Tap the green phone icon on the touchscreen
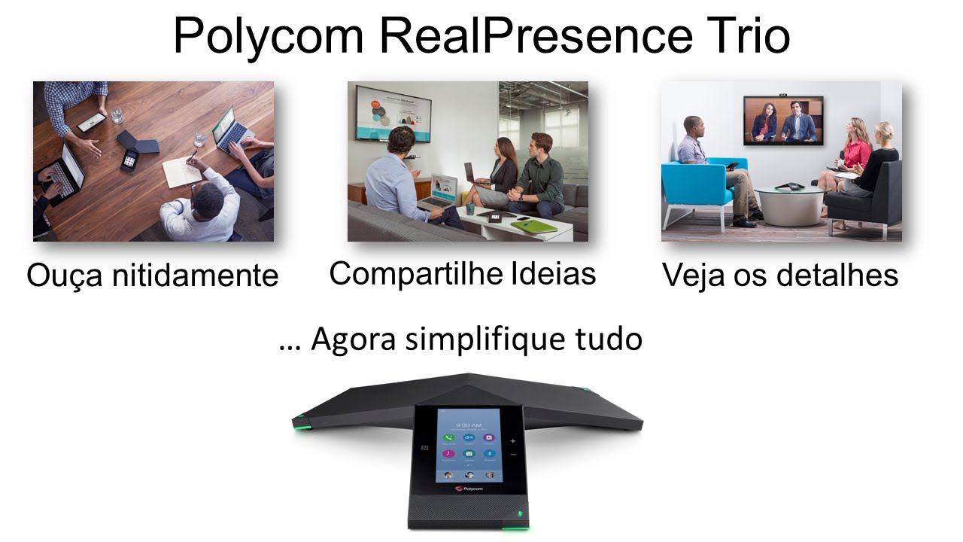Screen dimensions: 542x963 pos(449,437)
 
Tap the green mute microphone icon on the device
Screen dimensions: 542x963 pos(518,516)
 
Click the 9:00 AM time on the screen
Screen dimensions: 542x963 pos(468,425)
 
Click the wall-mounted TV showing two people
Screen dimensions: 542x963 pos(783,120)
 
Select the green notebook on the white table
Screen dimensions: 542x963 pos(533,226)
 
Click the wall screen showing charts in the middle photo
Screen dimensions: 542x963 pos(393,114)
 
